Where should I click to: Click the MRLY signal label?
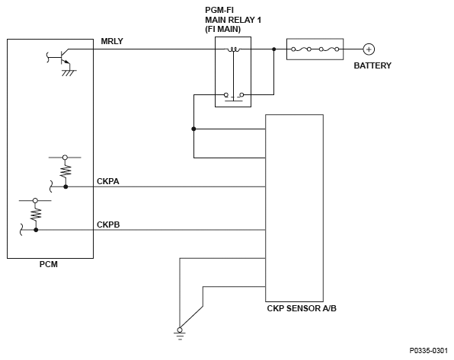112,41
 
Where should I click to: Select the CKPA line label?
108,181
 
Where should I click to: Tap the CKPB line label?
108,225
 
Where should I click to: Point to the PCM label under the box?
49,265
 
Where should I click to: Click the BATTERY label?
372,65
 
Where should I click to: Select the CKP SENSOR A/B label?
302,308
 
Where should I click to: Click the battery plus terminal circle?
369,49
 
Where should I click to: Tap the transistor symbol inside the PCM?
62,57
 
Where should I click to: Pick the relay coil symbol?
233,49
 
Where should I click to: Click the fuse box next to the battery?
315,49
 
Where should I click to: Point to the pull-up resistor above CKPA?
66,170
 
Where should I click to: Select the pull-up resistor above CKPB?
36,214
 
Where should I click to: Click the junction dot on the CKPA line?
66,187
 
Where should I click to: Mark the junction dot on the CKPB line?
36,230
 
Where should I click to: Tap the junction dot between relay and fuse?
274,49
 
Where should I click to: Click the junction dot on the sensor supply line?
193,129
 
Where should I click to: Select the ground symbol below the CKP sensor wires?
180,333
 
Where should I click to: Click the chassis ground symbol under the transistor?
69,72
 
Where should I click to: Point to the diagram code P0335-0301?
429,351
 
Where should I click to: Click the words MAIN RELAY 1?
233,21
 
